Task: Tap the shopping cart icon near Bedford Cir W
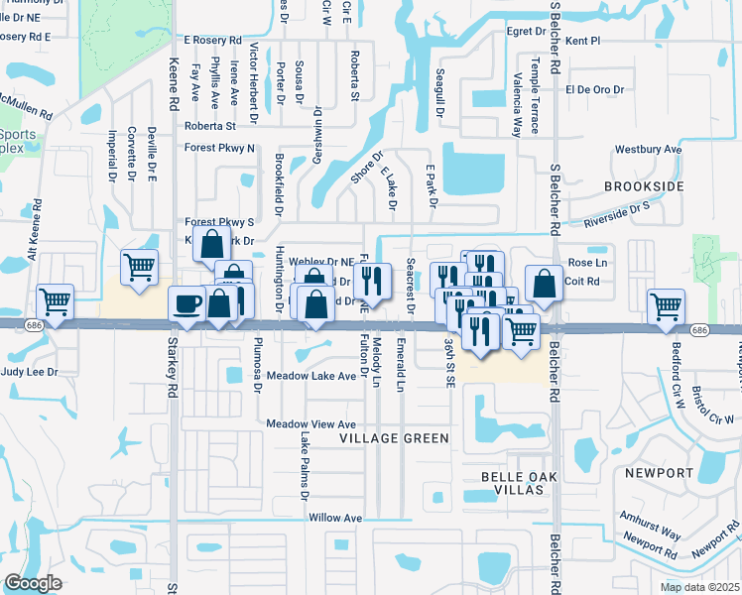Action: (x=665, y=305)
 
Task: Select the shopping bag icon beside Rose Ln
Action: (x=544, y=284)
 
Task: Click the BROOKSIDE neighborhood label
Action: (x=645, y=186)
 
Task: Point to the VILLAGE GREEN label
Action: (x=394, y=437)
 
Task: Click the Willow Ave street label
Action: (x=335, y=518)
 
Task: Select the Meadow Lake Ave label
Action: (x=311, y=377)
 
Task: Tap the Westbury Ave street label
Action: (x=648, y=149)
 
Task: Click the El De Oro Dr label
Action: (x=593, y=88)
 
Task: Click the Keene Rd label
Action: (x=173, y=88)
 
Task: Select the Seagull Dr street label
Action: (x=438, y=90)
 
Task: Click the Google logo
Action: (x=33, y=583)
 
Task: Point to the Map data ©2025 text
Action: (x=698, y=587)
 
